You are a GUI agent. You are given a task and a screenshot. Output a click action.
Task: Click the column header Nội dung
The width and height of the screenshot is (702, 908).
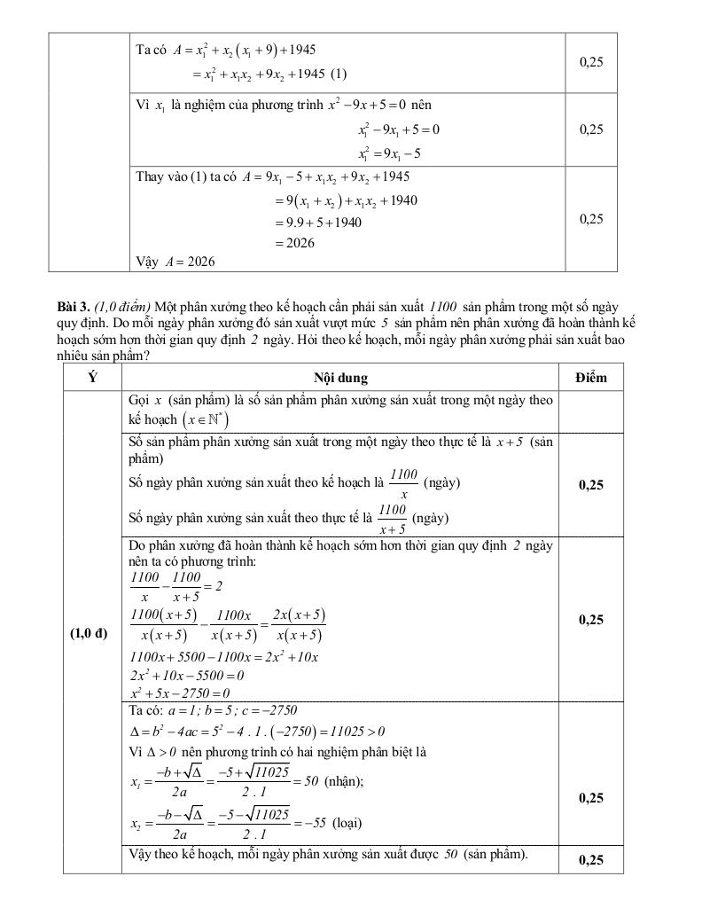click(340, 378)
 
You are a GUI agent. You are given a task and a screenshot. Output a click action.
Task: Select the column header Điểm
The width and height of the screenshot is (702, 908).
click(590, 378)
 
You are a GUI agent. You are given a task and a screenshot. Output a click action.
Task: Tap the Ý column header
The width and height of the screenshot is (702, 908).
click(92, 378)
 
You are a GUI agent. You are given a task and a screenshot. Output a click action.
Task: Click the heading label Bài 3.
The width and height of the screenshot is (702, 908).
click(73, 306)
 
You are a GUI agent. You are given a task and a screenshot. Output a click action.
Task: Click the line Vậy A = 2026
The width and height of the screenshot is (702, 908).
click(175, 262)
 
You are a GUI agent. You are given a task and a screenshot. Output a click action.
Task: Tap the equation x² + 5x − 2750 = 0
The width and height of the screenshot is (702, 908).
click(180, 693)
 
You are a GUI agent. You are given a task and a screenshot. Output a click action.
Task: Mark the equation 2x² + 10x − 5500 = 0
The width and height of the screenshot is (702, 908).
click(187, 675)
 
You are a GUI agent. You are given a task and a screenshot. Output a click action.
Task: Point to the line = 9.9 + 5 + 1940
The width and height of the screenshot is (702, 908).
click(318, 223)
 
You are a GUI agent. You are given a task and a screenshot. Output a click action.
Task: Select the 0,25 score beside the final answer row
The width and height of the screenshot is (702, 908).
click(590, 860)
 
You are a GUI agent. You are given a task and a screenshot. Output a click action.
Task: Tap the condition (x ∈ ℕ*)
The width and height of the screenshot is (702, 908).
click(205, 419)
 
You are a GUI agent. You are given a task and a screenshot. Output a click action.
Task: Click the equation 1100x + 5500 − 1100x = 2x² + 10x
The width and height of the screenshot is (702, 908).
click(223, 657)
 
